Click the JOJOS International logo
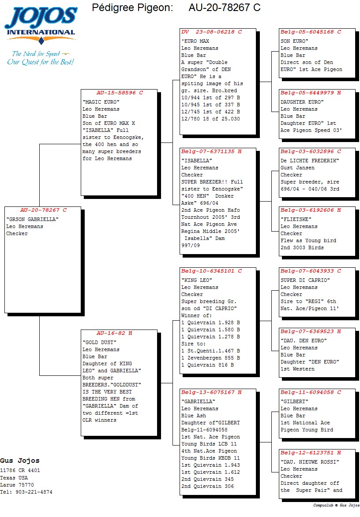(41, 25)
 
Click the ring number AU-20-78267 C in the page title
(224, 7)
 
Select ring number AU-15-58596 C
(120, 93)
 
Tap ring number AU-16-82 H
(114, 333)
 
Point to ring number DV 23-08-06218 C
(211, 32)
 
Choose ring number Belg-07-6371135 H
(211, 151)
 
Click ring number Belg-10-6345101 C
(211, 271)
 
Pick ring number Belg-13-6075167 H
(211, 392)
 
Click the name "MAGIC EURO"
(101, 102)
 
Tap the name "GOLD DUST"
(99, 342)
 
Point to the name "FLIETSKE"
(296, 219)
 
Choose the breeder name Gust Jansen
(297, 168)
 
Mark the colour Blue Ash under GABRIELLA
(194, 416)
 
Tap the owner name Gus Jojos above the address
(20, 461)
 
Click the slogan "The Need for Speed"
(36, 54)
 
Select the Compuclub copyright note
(336, 505)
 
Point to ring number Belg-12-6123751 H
(311, 453)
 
